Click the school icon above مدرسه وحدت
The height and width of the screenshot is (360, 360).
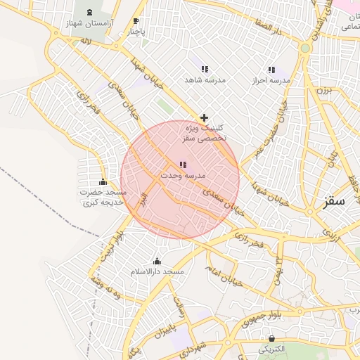coord(183,165)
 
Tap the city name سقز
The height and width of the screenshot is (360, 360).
coord(335,202)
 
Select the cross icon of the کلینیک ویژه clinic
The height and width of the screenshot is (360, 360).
coord(204,117)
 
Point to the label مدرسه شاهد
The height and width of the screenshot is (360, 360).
coord(204,80)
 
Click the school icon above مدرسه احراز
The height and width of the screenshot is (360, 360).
coord(272,70)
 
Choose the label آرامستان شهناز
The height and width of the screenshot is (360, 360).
coord(91,24)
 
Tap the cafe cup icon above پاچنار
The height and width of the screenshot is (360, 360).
coord(136,21)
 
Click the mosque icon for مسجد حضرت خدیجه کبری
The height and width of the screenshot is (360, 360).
coord(103,182)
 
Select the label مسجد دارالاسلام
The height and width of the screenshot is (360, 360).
coord(157,271)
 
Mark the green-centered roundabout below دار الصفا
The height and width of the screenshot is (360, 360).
coord(304,48)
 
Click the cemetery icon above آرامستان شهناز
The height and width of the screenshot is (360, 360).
coord(90,13)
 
